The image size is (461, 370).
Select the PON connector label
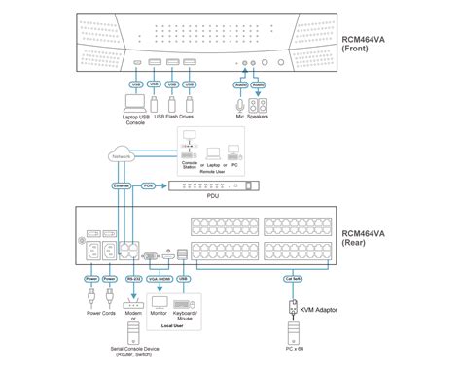tap(149, 185)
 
